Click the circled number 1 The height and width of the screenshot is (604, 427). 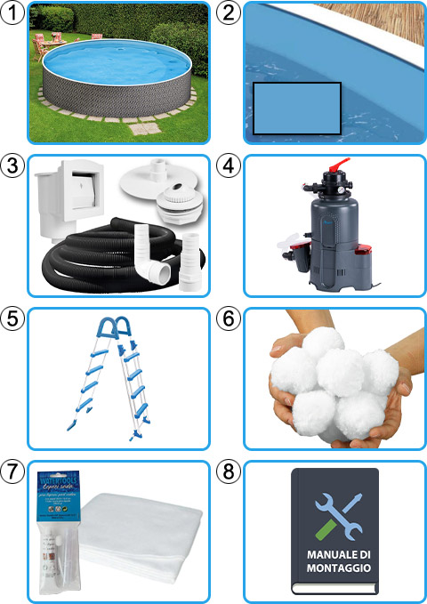(x=12, y=12)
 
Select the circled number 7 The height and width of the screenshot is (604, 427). (x=12, y=471)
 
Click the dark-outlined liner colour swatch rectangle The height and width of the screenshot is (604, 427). (x=297, y=109)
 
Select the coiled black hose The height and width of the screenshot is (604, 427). (x=102, y=258)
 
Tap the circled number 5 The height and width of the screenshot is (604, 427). (x=12, y=318)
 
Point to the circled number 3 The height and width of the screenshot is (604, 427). (x=12, y=165)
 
